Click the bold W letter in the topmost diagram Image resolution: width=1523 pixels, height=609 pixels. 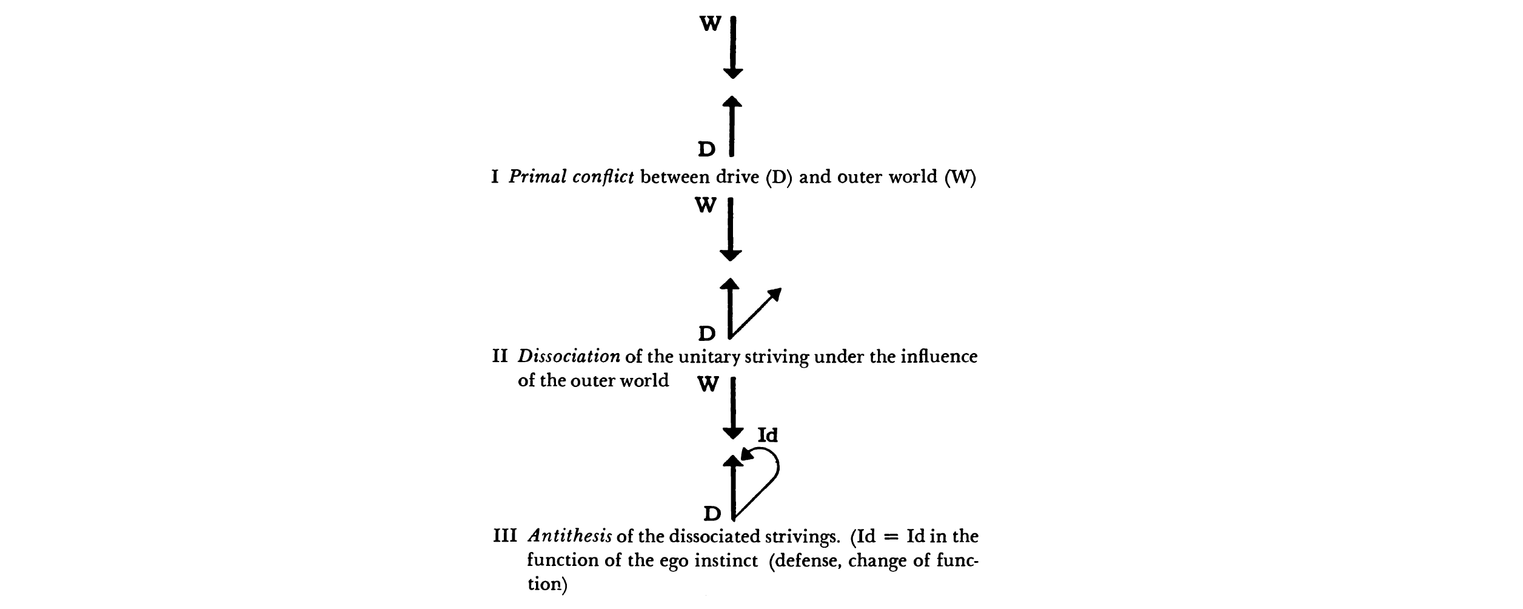711,24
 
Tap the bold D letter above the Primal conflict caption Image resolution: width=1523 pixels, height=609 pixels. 707,149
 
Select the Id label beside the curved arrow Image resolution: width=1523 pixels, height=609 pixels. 768,435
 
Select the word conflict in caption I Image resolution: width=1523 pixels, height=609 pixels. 603,177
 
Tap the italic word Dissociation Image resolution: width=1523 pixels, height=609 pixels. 569,356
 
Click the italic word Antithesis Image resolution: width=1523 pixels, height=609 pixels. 569,536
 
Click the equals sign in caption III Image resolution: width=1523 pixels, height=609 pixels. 889,537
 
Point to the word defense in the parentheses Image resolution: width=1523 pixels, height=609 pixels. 805,560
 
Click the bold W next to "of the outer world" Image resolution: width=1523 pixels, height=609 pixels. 708,385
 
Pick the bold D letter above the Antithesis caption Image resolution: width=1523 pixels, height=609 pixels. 712,514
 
